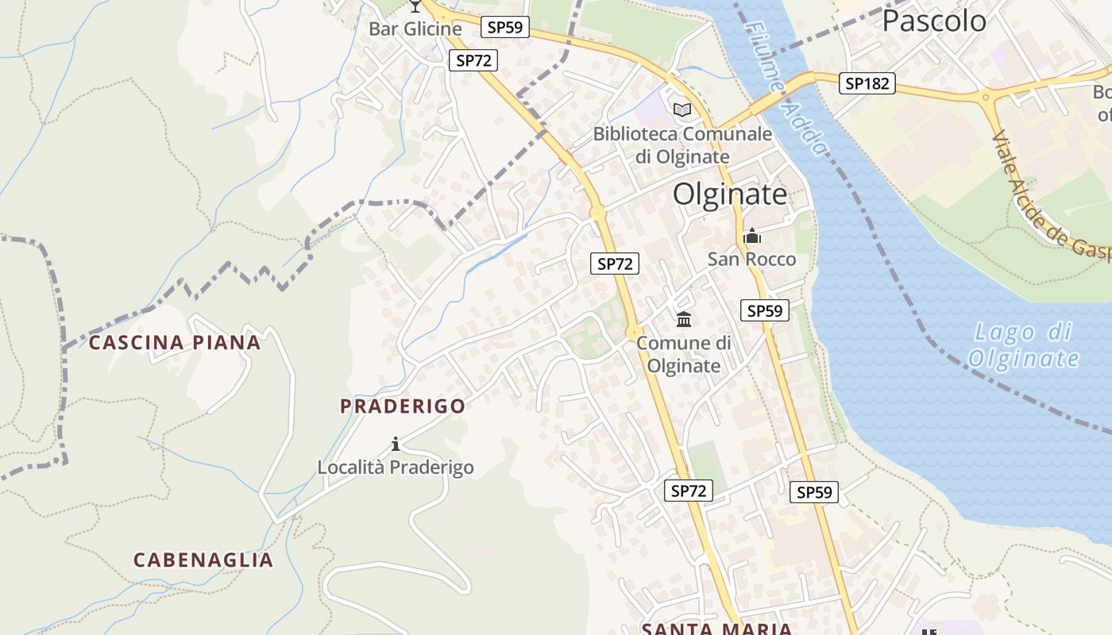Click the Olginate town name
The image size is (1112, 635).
pyautogui.click(x=730, y=194)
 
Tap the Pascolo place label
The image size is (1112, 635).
pyautogui.click(x=934, y=21)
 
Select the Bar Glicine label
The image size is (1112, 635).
pyautogui.click(x=415, y=29)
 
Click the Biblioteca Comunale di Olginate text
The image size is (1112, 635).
pyautogui.click(x=682, y=144)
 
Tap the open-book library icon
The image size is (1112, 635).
pyautogui.click(x=682, y=110)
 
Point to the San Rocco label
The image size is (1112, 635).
pyautogui.click(x=751, y=259)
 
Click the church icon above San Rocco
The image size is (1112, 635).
pyautogui.click(x=751, y=236)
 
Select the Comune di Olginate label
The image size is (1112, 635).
pyautogui.click(x=683, y=354)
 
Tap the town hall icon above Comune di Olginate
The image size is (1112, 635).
pyautogui.click(x=683, y=319)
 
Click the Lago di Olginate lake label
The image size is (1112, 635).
pyautogui.click(x=1023, y=345)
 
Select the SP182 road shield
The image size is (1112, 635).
pyautogui.click(x=867, y=83)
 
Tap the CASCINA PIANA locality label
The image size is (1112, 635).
pyautogui.click(x=174, y=343)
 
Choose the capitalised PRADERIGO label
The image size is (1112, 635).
pyautogui.click(x=403, y=406)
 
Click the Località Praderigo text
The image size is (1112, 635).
pyautogui.click(x=396, y=468)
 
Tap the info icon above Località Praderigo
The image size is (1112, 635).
pyautogui.click(x=396, y=444)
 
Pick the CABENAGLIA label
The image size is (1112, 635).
pyautogui.click(x=203, y=560)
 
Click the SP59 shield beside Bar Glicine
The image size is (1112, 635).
pyautogui.click(x=505, y=27)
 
